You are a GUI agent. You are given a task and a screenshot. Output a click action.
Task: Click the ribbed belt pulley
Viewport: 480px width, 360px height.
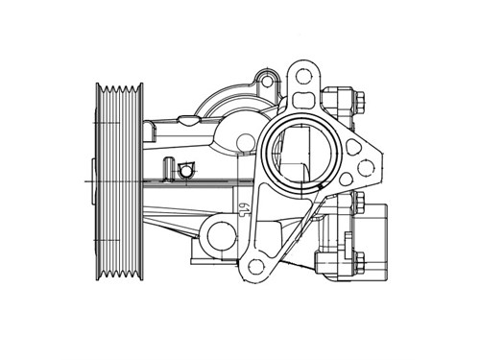[x=119, y=181]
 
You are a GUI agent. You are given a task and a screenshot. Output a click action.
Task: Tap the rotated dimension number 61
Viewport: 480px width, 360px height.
[x=245, y=208]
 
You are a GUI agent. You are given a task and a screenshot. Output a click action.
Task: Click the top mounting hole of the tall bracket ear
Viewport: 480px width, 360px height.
[x=302, y=77]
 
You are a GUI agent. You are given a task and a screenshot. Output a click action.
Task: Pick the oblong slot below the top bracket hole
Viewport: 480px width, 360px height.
[x=302, y=99]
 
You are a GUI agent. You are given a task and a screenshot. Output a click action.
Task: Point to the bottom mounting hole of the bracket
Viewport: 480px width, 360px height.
[x=255, y=266]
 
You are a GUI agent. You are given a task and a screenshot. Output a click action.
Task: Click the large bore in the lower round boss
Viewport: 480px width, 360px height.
[x=222, y=236]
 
